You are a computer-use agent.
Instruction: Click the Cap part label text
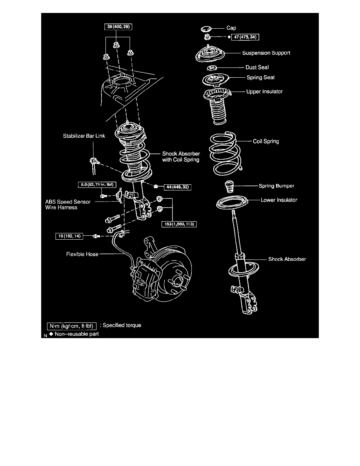231,28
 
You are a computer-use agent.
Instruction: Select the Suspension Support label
266,53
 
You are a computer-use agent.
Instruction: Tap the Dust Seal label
257,67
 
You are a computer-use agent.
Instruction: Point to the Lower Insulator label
279,200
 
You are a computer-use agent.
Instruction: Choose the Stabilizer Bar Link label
83,137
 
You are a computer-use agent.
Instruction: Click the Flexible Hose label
82,254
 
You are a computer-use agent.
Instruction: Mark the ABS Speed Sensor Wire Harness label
68,204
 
